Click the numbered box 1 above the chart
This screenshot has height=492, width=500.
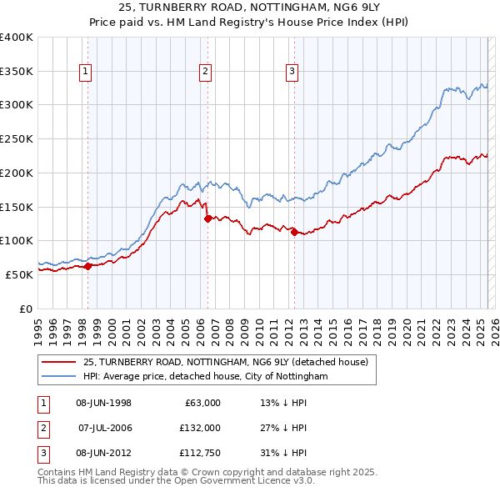[x=87, y=73]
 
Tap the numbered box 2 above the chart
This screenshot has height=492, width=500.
[x=205, y=73]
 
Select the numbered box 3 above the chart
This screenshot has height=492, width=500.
[x=292, y=73]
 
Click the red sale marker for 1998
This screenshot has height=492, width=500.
[x=87, y=266]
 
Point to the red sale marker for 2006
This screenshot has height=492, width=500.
[x=207, y=219]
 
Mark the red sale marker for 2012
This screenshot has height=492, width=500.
[x=294, y=233]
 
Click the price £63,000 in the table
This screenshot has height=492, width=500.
[x=200, y=403]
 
